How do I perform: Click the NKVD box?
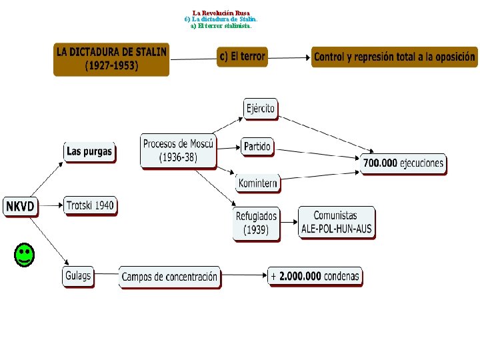20,207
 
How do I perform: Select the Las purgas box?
89,153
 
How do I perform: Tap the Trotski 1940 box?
90,206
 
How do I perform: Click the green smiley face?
24,255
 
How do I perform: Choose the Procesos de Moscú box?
178,151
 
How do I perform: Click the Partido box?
257,147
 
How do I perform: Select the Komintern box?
257,182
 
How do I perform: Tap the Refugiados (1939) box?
256,223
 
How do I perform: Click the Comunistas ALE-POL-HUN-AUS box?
336,223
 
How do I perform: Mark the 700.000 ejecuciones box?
403,163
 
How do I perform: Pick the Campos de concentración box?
170,277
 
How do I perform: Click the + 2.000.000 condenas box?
315,276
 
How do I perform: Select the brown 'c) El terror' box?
243,57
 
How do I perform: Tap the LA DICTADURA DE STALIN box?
111,59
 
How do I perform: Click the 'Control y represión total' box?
395,57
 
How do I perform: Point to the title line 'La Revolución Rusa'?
221,13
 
